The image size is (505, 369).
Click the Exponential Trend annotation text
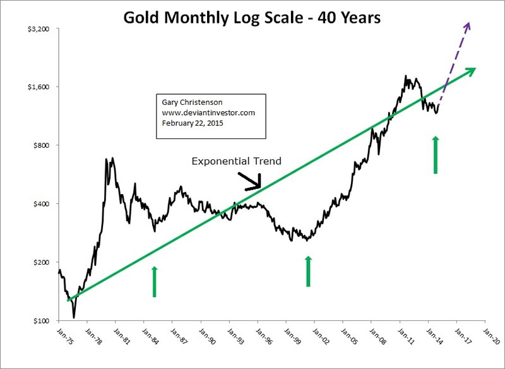pos(237,162)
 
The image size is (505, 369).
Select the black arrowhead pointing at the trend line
pos(256,185)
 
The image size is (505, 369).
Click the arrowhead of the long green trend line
pos(470,71)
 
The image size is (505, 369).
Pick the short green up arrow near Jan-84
pos(154,281)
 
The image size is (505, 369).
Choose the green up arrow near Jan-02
pos(308,271)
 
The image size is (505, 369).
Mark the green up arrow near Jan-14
pos(435,154)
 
